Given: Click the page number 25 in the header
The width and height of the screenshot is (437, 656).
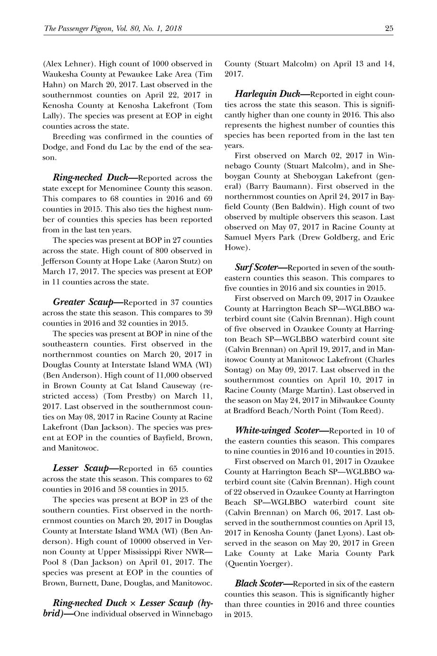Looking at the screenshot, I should pos(389,29).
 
